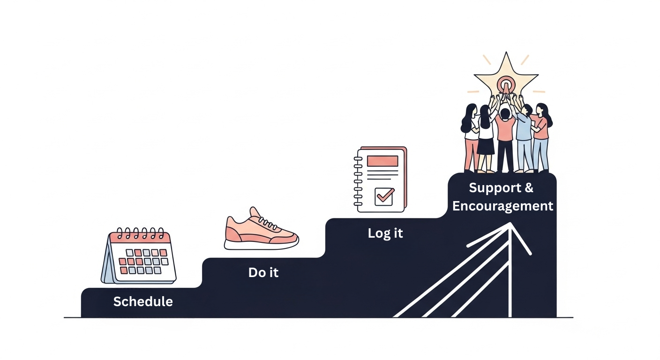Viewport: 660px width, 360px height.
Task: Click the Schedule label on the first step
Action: (x=143, y=301)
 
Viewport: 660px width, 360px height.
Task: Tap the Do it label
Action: (x=263, y=272)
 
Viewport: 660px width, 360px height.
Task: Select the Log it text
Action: (x=385, y=233)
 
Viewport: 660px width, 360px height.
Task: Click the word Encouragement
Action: (x=502, y=206)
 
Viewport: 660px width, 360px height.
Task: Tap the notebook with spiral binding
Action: (x=381, y=180)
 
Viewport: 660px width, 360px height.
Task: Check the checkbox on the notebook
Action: (x=384, y=196)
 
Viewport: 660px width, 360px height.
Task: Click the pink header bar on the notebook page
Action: (x=382, y=161)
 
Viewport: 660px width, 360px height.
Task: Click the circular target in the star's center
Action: (x=505, y=86)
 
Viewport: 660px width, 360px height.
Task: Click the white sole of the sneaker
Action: (x=261, y=244)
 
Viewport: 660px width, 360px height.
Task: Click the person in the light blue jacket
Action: (x=524, y=136)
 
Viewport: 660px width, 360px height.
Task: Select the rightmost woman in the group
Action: (x=541, y=136)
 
